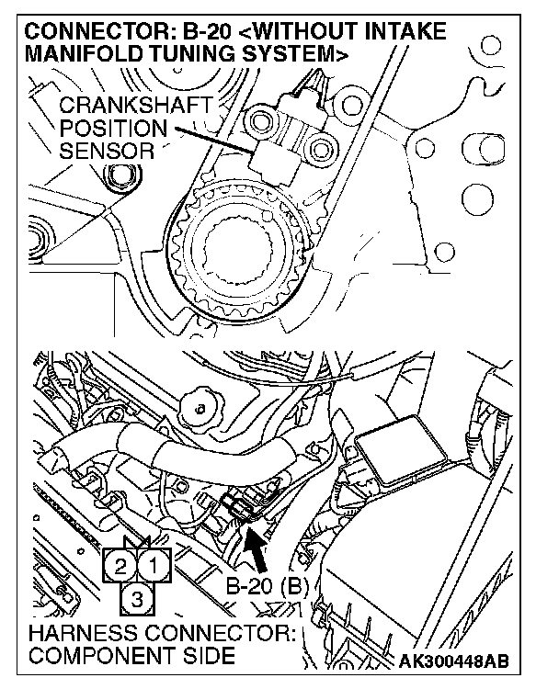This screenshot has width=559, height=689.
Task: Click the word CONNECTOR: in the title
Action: coord(88,33)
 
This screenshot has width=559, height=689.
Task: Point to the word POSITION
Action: coord(113,130)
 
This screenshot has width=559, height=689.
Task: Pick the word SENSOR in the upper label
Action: coord(106,150)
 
